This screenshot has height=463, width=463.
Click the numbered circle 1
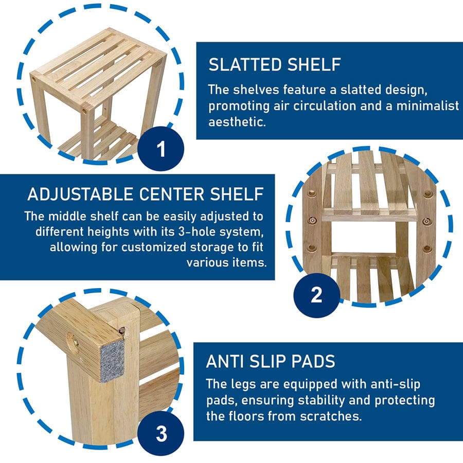tap(161, 149)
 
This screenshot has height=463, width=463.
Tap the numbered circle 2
tap(316, 295)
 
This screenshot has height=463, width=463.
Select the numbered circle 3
tap(161, 434)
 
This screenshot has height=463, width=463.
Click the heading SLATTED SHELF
tap(275, 64)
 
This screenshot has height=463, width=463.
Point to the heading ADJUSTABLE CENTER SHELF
tap(146, 194)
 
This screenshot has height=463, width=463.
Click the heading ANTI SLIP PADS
tap(271, 361)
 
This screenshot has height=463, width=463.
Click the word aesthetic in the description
tap(237, 121)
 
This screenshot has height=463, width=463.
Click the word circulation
tap(325, 105)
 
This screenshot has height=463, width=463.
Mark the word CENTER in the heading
tap(171, 194)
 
